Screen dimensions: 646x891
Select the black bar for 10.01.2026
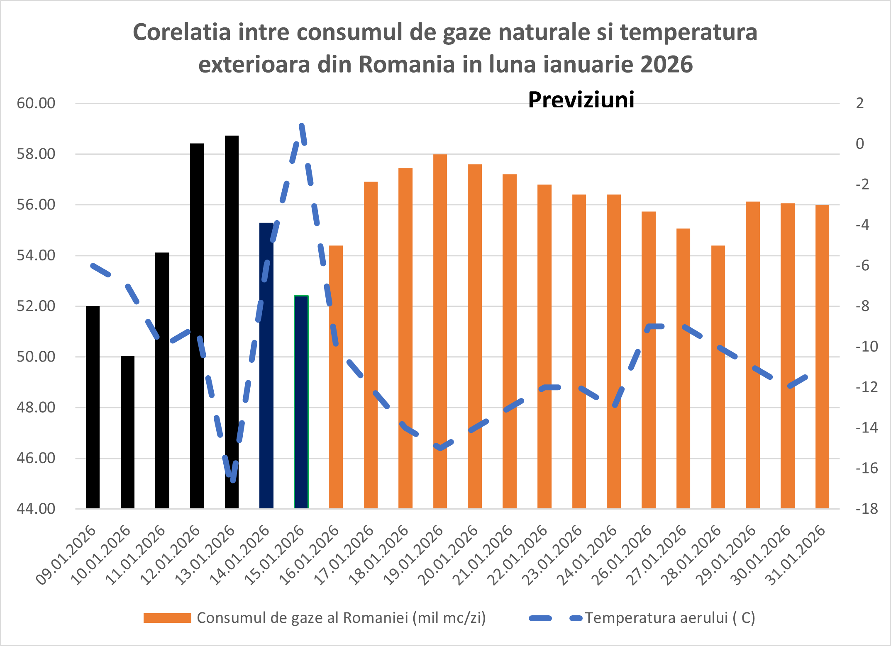[127, 431]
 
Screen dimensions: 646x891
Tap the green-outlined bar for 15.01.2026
[301, 402]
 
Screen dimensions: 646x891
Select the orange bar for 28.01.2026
[718, 377]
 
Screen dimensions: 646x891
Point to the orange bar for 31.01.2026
[822, 357]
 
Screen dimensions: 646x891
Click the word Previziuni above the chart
[581, 100]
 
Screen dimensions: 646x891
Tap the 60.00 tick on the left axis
[36, 103]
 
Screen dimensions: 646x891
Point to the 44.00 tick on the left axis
[36, 509]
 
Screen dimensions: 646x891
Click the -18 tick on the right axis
[867, 509]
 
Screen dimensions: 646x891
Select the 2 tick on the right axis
[860, 103]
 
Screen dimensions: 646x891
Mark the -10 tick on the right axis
[867, 346]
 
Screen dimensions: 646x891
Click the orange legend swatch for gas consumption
[167, 618]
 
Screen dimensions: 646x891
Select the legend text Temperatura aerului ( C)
[670, 618]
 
